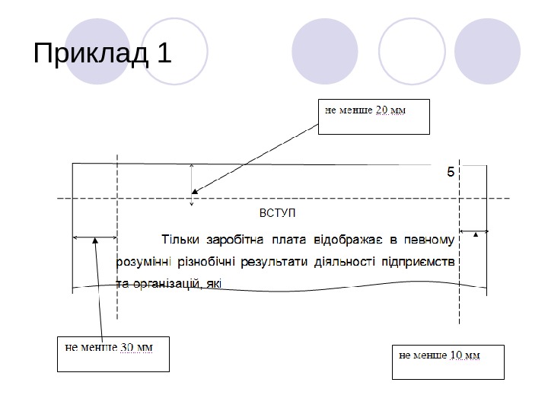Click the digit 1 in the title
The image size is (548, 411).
pyautogui.click(x=164, y=54)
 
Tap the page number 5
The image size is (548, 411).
pyautogui.click(x=450, y=173)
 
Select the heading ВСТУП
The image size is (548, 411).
pyautogui.click(x=277, y=213)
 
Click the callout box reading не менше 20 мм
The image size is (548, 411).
pyautogui.click(x=374, y=116)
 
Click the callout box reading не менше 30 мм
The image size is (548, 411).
pyautogui.click(x=113, y=353)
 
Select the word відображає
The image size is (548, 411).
pyautogui.click(x=340, y=241)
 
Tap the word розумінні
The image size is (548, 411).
pyautogui.click(x=145, y=263)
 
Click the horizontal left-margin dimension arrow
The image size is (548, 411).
pyautogui.click(x=94, y=237)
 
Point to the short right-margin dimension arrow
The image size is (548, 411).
pyautogui.click(x=474, y=231)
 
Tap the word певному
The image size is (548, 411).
pyautogui.click(x=429, y=241)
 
